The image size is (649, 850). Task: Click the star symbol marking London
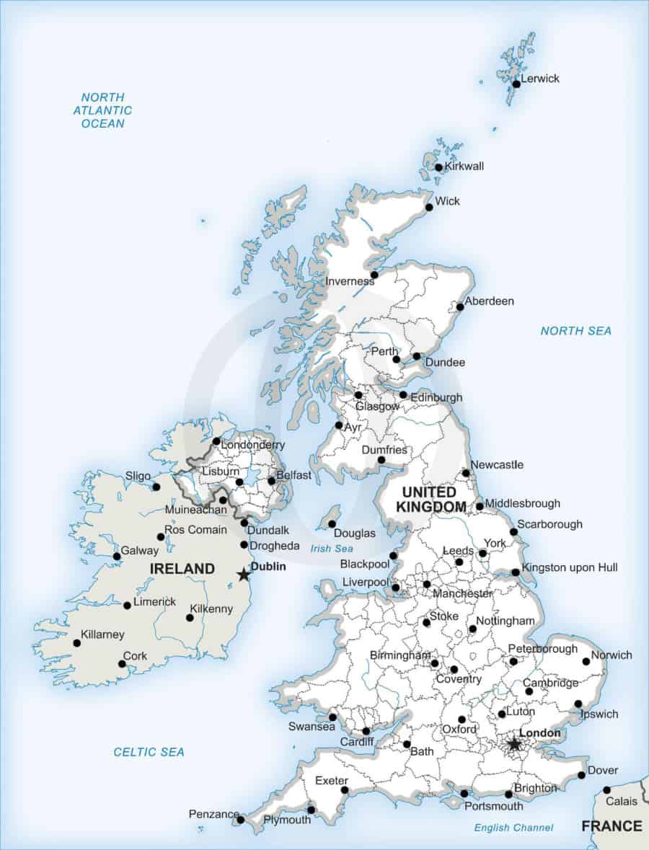pos(514,744)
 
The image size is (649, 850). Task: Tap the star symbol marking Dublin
pos(244,575)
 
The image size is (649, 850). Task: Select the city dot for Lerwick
pos(516,84)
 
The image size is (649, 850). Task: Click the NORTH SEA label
pos(575,331)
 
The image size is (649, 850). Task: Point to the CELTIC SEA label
pos(149,752)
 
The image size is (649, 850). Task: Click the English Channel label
pos(513,828)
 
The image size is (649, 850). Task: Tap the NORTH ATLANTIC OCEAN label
pos(102,110)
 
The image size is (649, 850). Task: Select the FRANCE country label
pos(612,825)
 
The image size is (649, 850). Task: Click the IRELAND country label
pos(182,569)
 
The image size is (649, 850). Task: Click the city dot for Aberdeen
pos(460,306)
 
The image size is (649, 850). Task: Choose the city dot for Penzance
pos(241,819)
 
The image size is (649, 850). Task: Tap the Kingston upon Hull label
pos(570,567)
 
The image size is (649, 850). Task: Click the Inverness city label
pos(350,281)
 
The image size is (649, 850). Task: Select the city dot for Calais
pos(606,789)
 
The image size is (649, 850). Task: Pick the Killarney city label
pos(102,634)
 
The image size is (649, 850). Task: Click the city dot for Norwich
pos(586,660)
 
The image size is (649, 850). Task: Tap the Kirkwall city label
pos(464,166)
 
